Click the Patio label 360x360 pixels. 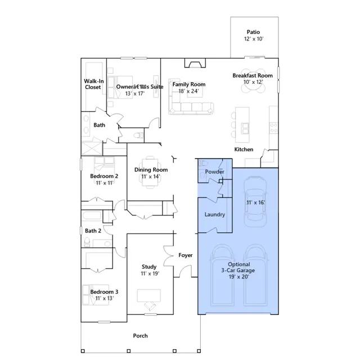(253, 32)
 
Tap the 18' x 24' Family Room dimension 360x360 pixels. (188, 91)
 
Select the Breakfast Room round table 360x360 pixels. (253, 80)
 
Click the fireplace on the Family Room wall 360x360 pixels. (195, 63)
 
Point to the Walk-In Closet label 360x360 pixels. (93, 84)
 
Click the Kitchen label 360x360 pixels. (244, 150)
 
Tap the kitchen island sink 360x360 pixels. (245, 128)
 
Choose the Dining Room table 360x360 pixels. (150, 172)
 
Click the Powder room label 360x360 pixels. (214, 172)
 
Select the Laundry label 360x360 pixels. (215, 214)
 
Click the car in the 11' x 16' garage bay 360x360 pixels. (255, 201)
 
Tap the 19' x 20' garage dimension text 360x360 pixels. (238, 277)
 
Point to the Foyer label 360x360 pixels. (186, 255)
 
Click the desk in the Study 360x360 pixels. (148, 295)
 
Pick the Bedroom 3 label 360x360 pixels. (104, 292)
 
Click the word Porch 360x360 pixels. (140, 336)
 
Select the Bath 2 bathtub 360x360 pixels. (92, 216)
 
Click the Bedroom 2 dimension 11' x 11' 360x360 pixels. (105, 183)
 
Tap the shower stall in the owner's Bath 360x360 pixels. (92, 148)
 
